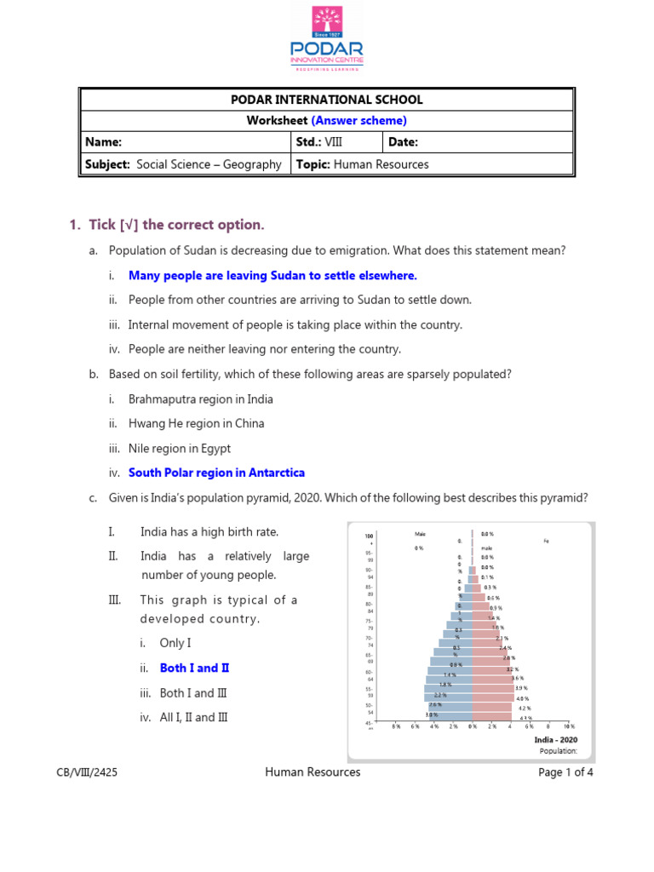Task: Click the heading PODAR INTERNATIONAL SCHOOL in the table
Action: point(326,100)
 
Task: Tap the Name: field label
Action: point(104,142)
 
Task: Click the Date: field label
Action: point(404,142)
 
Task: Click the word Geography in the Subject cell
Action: point(252,164)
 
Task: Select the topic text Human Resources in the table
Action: point(381,164)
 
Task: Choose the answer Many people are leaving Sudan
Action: point(272,276)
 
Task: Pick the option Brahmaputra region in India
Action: point(201,399)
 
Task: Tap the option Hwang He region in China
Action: point(197,423)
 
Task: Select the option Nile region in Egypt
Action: point(180,448)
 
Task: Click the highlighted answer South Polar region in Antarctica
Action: point(216,473)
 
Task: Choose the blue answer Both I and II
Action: point(195,668)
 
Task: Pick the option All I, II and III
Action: point(194,717)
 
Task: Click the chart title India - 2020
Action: point(555,740)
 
